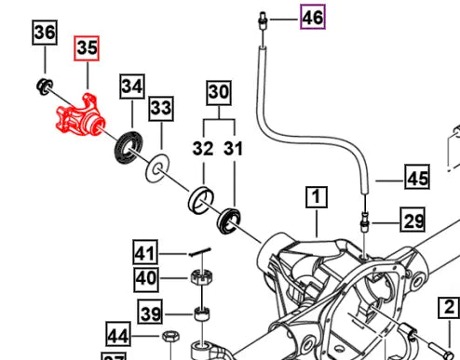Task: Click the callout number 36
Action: click(x=45, y=33)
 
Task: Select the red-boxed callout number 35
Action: click(x=87, y=49)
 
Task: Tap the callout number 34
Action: click(x=132, y=87)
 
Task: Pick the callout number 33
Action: click(x=161, y=110)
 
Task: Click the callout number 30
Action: click(x=218, y=93)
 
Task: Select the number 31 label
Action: click(x=233, y=147)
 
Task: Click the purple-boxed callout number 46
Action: click(x=312, y=16)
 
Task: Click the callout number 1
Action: click(x=317, y=197)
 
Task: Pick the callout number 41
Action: click(x=144, y=252)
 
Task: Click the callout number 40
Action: click(x=144, y=277)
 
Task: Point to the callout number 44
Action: click(x=143, y=336)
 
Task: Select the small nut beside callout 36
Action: click(x=42, y=87)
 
